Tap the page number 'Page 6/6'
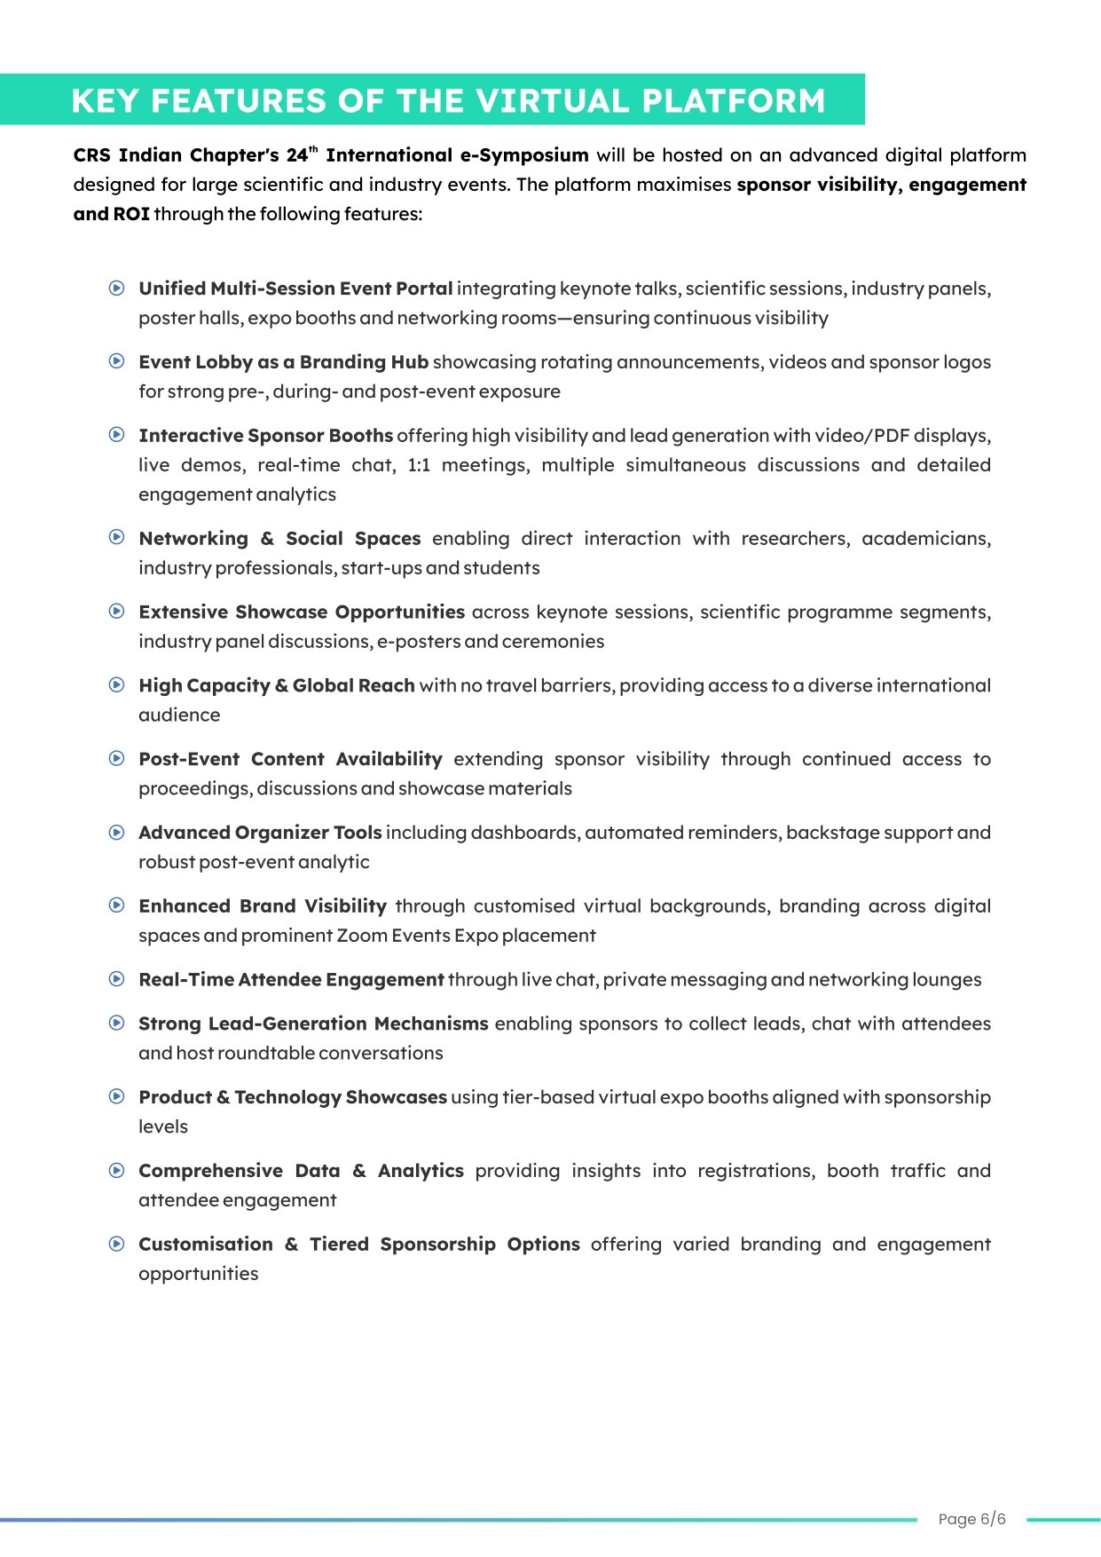coord(971,1519)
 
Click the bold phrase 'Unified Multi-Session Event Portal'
coord(295,288)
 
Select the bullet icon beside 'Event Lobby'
coord(116,361)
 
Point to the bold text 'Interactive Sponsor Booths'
coord(265,436)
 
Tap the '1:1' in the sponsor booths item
coord(419,465)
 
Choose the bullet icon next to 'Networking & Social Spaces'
coord(116,537)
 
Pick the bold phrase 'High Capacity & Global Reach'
coord(277,685)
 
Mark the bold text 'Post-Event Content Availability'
coord(290,759)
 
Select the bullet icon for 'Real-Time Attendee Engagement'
coord(116,979)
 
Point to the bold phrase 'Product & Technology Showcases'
coord(293,1097)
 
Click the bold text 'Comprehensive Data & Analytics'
coord(301,1171)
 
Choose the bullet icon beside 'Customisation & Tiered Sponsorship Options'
coord(116,1244)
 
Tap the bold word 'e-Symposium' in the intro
coord(523,155)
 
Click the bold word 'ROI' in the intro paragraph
coord(131,214)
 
